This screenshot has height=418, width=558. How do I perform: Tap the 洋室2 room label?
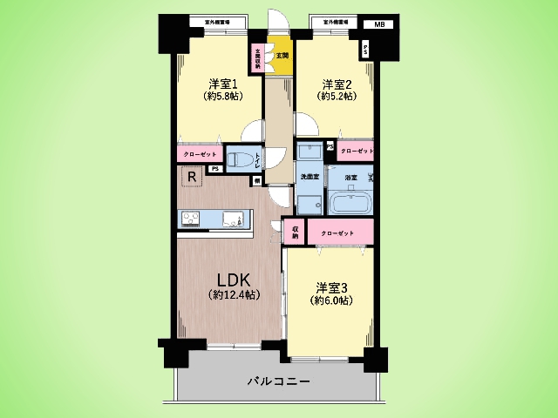coord(336,84)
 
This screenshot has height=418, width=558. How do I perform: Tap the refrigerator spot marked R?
coord(191,177)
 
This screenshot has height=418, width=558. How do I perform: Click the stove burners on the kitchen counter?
coord(192,219)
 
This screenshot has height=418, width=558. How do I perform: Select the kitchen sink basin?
coord(234,219)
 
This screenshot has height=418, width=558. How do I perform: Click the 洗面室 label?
coord(309,178)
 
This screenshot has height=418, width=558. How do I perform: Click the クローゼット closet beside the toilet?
coord(201,154)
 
